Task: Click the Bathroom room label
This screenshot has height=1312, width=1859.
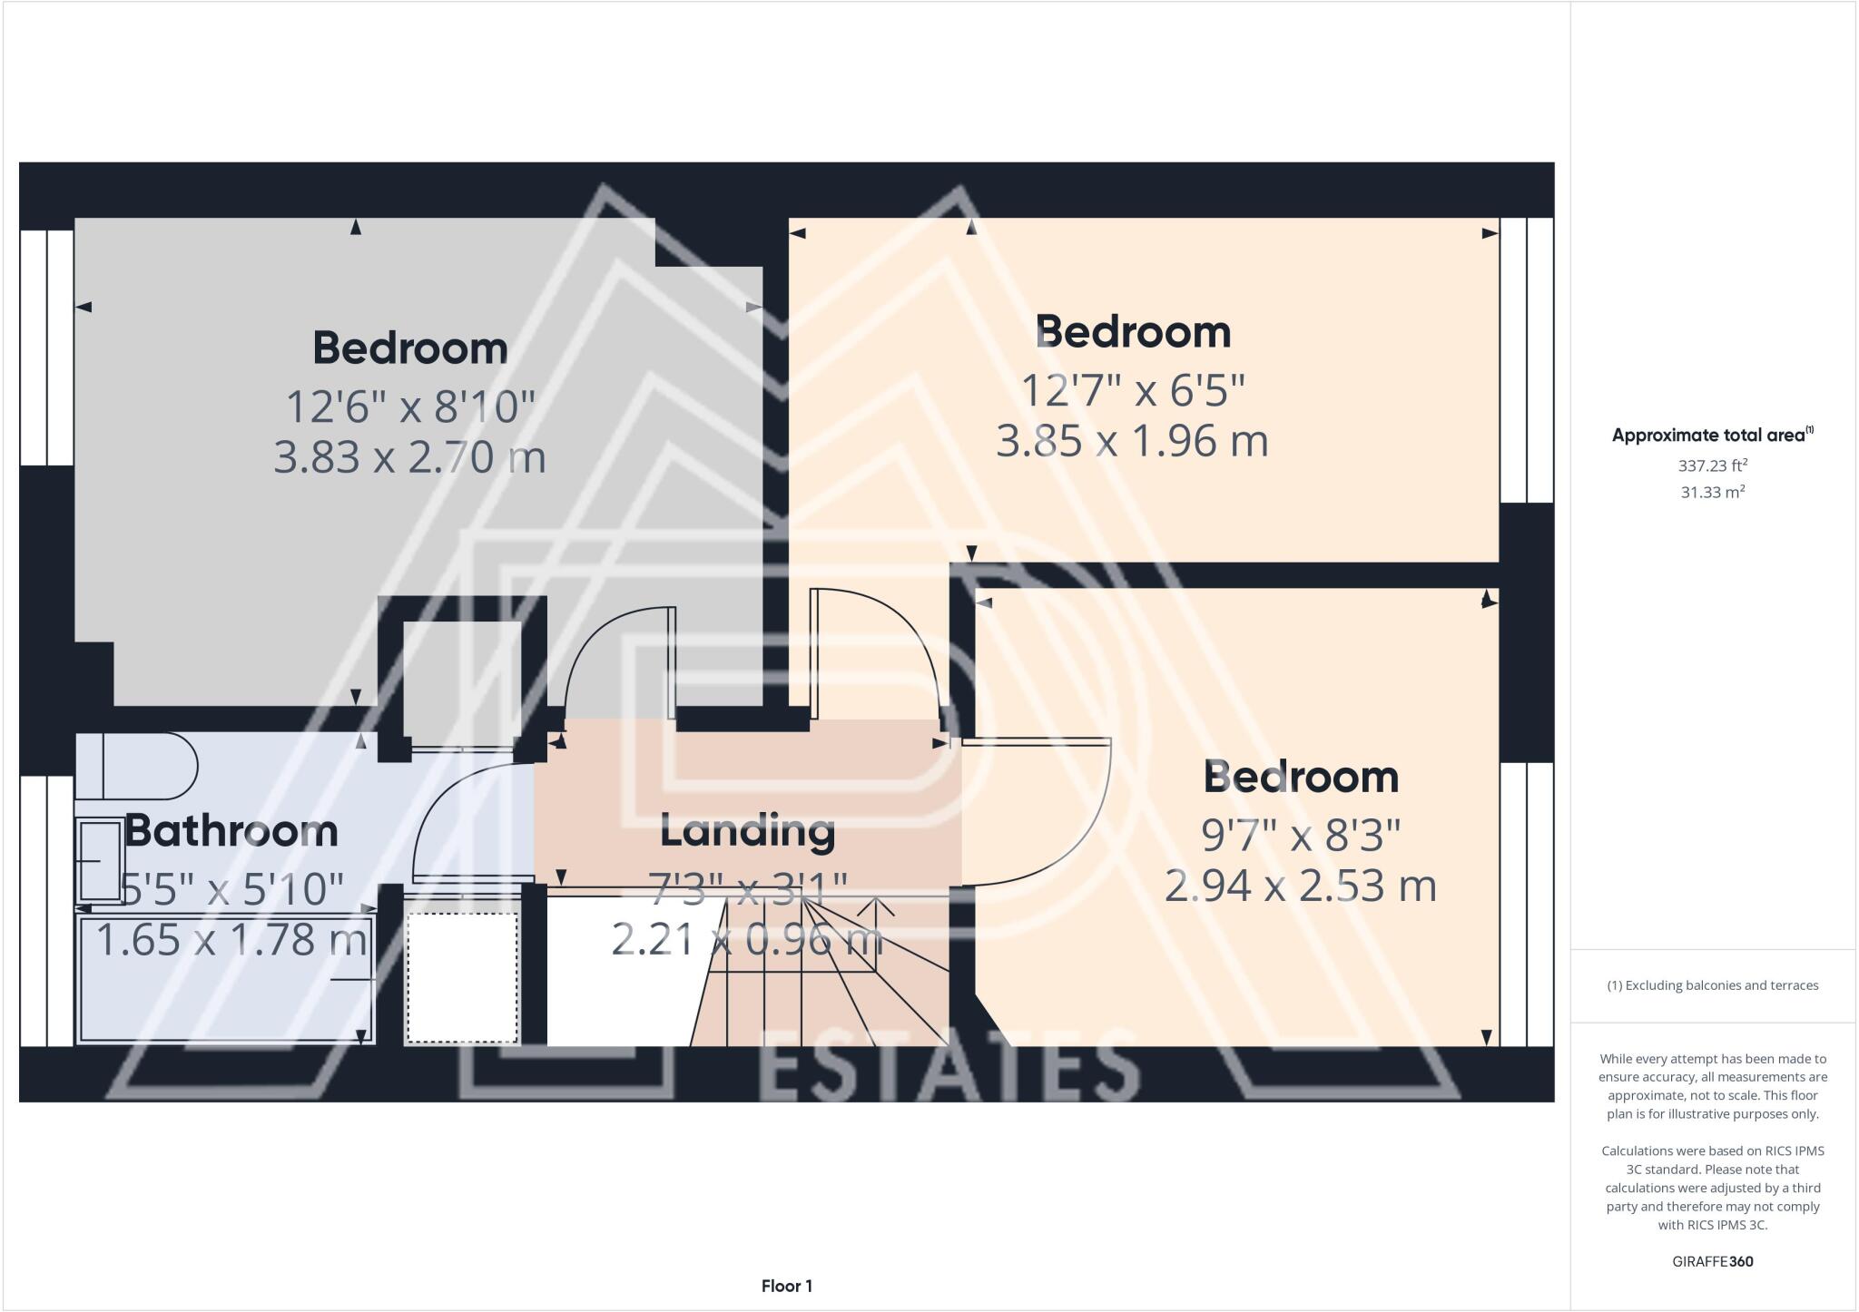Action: pyautogui.click(x=231, y=831)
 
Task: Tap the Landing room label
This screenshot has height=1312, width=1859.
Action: pyautogui.click(x=747, y=830)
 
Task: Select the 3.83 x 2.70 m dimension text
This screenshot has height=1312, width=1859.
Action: pyautogui.click(x=409, y=456)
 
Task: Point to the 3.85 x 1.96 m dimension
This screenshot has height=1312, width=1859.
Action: pyautogui.click(x=1132, y=441)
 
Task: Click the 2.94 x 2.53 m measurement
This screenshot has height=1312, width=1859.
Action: pyautogui.click(x=1300, y=886)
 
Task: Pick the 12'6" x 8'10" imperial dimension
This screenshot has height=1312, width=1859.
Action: pyautogui.click(x=410, y=406)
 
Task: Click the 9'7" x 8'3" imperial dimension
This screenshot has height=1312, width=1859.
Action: pyautogui.click(x=1301, y=835)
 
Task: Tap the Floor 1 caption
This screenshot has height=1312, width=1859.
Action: pyautogui.click(x=787, y=1286)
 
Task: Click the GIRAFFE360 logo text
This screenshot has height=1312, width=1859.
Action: pyautogui.click(x=1712, y=1261)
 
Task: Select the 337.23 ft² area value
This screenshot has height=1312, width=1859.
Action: pyautogui.click(x=1712, y=465)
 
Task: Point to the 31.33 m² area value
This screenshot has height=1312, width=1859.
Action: pyautogui.click(x=1712, y=492)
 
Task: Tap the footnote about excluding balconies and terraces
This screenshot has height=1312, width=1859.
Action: pyautogui.click(x=1712, y=985)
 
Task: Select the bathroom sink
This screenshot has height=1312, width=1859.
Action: pyautogui.click(x=100, y=860)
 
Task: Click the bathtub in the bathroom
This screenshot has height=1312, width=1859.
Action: pyautogui.click(x=226, y=980)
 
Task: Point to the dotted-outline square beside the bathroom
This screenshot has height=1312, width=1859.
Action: pyautogui.click(x=462, y=978)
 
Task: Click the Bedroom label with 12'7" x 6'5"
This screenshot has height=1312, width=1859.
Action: pyautogui.click(x=1132, y=332)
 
